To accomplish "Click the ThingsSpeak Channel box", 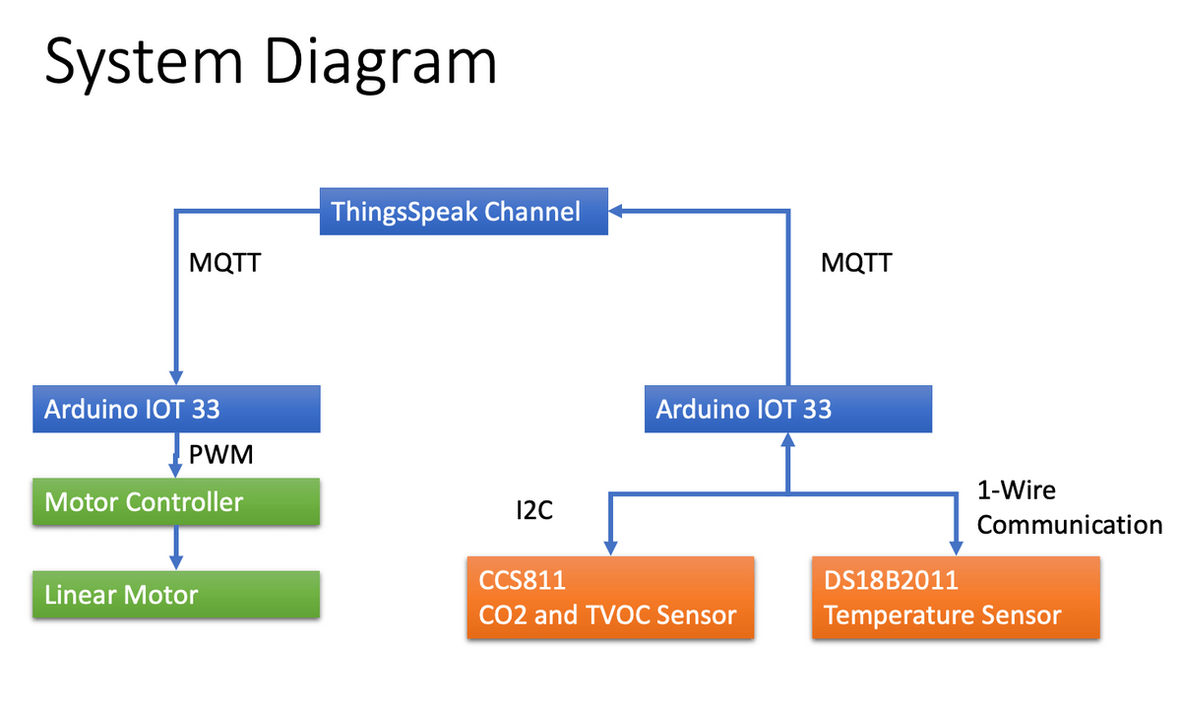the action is click(x=464, y=211).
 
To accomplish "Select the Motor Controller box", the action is click(x=176, y=501).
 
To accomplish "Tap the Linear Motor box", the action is click(x=176, y=594).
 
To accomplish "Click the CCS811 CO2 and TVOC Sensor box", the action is click(x=610, y=598).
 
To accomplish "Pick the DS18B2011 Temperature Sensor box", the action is click(x=956, y=598).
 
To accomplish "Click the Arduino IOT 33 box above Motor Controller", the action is click(x=176, y=409).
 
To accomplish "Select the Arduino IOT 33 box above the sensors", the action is click(x=788, y=409).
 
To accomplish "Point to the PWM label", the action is click(x=220, y=454).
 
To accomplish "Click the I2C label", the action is click(x=534, y=510).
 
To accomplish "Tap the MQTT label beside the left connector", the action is click(x=225, y=262).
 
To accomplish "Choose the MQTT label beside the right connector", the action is click(x=857, y=262).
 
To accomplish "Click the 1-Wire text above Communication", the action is click(x=1017, y=490).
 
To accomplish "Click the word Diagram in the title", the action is click(x=381, y=62).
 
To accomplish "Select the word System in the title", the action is click(x=144, y=63).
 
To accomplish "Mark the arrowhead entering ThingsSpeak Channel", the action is click(x=615, y=211).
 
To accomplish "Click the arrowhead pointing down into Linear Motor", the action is click(x=176, y=562).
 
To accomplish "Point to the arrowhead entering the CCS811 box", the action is click(x=610, y=549).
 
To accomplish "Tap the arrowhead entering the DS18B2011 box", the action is click(x=956, y=549).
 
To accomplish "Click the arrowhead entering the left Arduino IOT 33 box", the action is click(x=176, y=378).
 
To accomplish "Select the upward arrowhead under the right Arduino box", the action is click(x=788, y=440).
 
